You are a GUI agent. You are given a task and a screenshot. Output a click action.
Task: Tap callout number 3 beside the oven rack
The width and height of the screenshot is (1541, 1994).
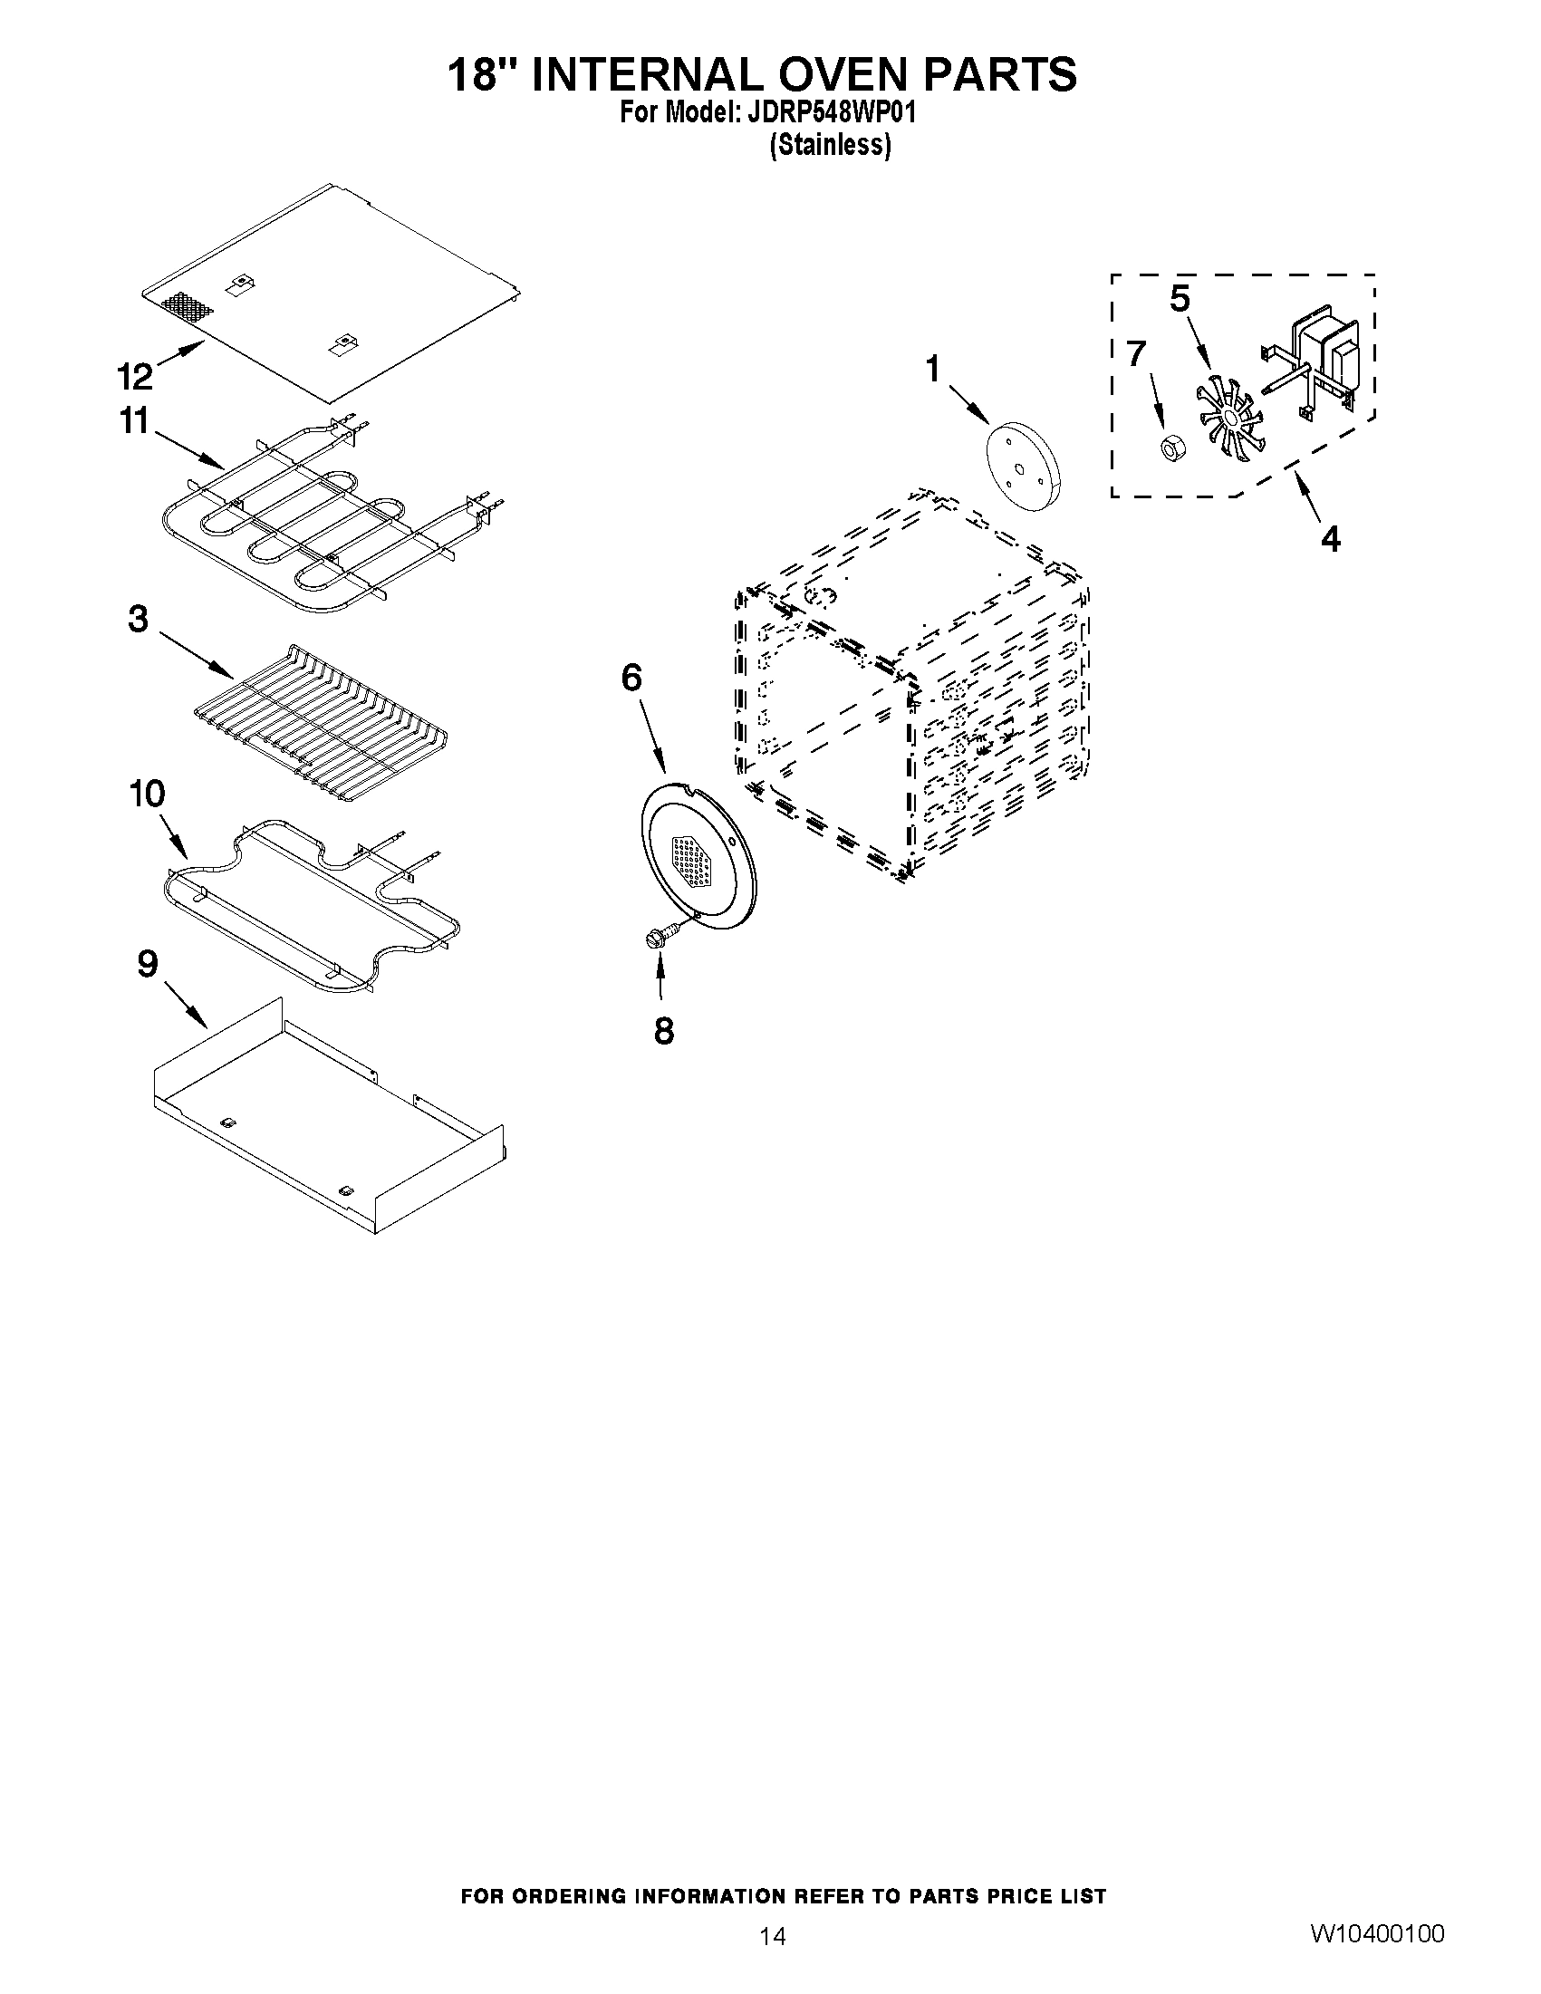click(137, 620)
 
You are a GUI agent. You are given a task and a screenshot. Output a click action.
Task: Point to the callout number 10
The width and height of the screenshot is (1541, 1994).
click(146, 794)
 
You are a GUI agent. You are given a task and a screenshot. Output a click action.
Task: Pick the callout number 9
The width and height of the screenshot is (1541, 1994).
click(147, 964)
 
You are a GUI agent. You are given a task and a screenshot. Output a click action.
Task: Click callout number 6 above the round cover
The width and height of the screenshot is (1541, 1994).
click(631, 678)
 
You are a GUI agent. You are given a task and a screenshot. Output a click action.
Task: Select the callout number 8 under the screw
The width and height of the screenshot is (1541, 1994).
click(664, 1031)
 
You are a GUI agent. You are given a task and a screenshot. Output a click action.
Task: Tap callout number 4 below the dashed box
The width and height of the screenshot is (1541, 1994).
click(1331, 540)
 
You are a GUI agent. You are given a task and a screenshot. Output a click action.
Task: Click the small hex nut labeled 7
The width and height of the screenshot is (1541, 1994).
click(1169, 448)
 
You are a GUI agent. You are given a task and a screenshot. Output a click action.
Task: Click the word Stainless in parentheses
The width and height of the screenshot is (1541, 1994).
click(831, 145)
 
